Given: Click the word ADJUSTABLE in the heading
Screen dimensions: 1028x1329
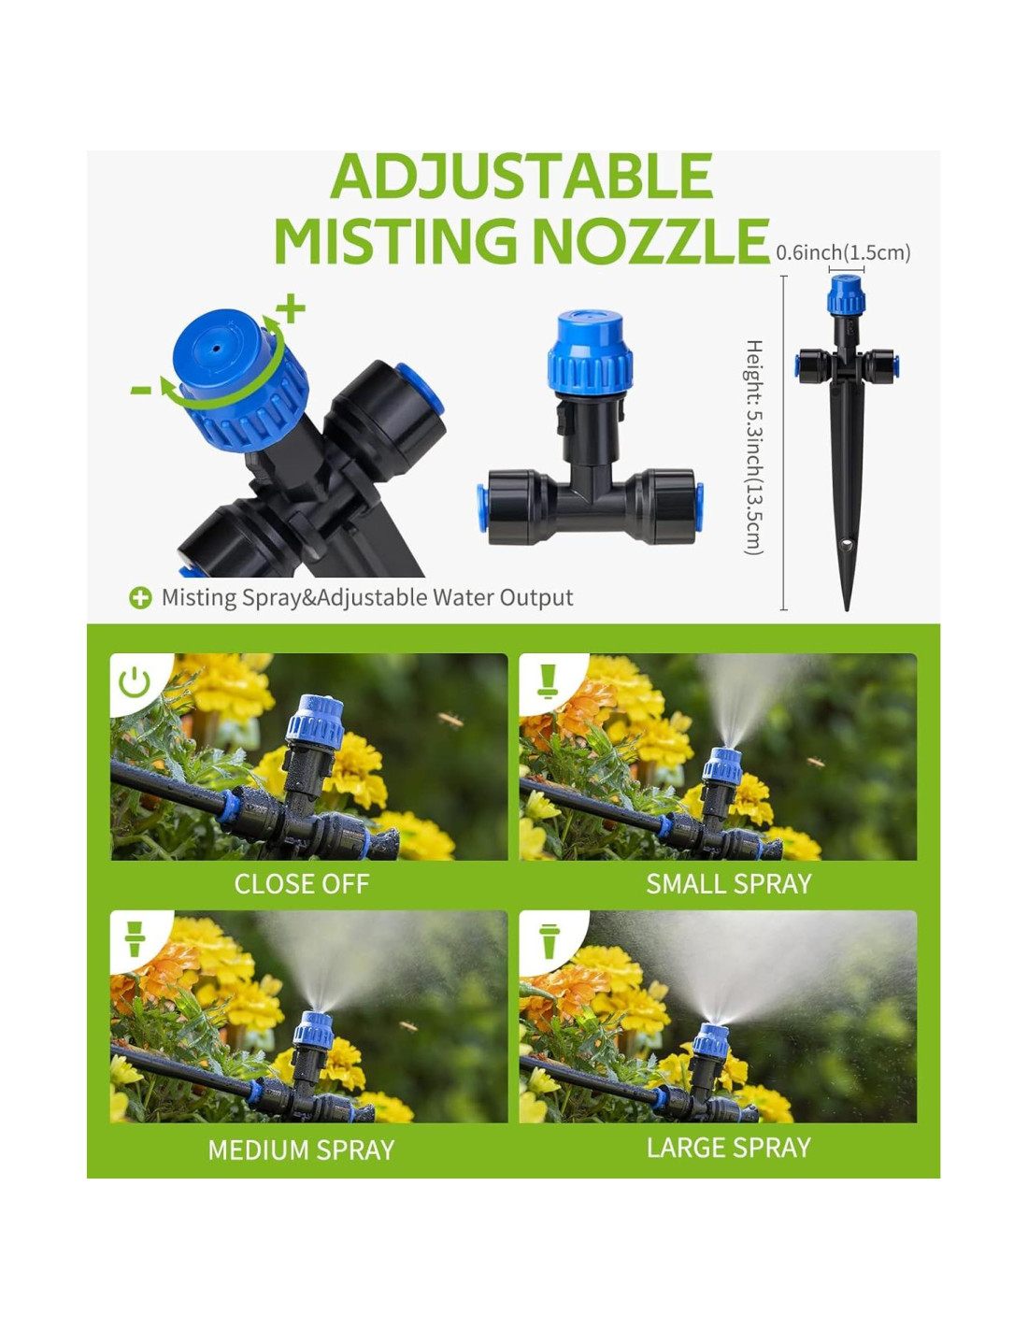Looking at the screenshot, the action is (521, 176).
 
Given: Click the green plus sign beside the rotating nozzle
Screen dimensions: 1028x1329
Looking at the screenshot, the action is (291, 307).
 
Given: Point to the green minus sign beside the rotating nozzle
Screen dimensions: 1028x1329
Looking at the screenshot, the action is (141, 390).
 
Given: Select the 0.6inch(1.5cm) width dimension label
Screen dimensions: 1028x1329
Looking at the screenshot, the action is (843, 252).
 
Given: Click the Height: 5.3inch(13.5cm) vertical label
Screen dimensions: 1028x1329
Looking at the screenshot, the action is (754, 447).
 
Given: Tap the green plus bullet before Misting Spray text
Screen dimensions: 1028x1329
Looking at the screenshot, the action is (140, 598).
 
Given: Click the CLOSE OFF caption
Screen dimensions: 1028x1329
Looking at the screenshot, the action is (302, 884).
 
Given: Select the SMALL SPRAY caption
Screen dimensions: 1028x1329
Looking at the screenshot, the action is (728, 884).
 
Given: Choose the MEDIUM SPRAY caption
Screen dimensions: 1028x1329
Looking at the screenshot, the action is (301, 1150).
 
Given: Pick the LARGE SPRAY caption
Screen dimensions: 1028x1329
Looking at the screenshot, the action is (728, 1148).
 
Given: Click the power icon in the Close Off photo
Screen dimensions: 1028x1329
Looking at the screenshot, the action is (135, 682).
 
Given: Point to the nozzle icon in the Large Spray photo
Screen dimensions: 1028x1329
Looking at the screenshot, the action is (549, 942).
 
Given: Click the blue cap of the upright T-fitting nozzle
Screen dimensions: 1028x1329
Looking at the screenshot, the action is (590, 352).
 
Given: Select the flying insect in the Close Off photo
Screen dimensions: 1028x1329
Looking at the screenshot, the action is (450, 720).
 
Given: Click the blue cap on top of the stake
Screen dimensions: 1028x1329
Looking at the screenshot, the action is (846, 294).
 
